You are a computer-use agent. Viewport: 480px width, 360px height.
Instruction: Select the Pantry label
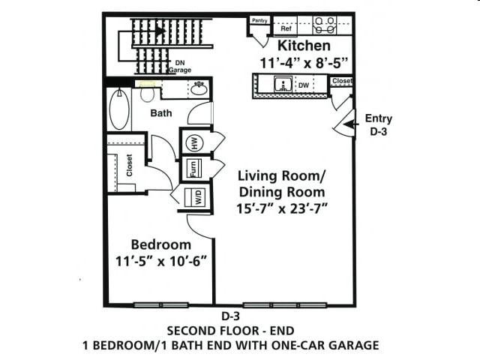point(260,21)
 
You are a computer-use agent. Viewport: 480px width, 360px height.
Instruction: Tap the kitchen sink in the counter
point(281,84)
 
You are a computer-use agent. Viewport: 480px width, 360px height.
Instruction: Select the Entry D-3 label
point(378,124)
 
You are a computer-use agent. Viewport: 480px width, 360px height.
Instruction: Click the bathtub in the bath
point(119,110)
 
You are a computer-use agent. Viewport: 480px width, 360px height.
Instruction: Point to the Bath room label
point(161,113)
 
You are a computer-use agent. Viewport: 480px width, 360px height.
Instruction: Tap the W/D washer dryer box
point(198,198)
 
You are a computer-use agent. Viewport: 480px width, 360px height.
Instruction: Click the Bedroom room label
point(160,244)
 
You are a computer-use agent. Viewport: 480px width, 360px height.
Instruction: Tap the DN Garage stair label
point(180,66)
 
